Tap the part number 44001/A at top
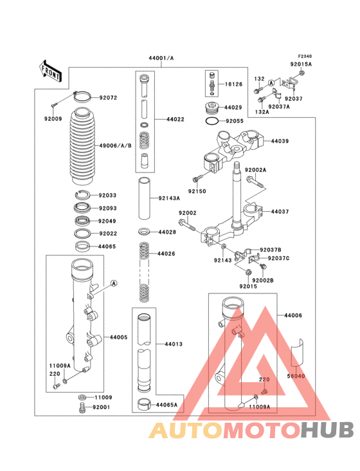point(161,59)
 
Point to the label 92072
point(108,98)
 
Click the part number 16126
point(234,84)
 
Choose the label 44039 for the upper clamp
point(280,140)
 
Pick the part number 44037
point(280,211)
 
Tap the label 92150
point(197,191)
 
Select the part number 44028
point(167,232)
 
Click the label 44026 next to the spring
point(167,254)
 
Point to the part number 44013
point(174,344)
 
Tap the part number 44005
point(118,337)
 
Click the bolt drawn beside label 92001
point(81,407)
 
